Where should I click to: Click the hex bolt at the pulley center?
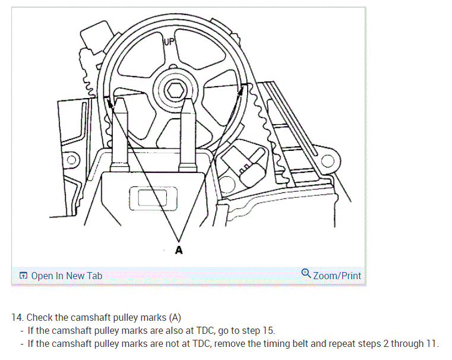point(175,91)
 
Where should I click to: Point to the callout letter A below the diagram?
point(179,250)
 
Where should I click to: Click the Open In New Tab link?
point(67,276)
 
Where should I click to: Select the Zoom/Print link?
point(337,276)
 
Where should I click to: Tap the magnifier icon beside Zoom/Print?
point(306,274)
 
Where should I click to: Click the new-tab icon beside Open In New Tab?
point(23,276)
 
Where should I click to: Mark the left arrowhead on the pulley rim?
point(110,102)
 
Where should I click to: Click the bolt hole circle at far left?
point(71,160)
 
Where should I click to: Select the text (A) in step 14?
point(175,318)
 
